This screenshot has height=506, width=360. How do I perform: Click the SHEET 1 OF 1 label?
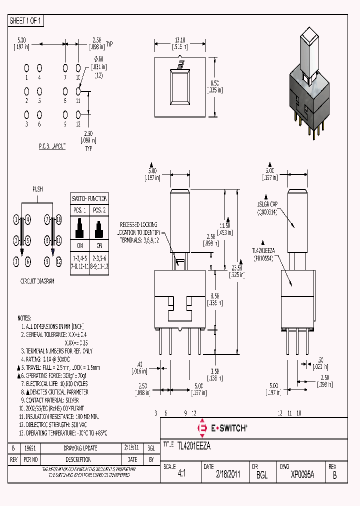pyautogui.click(x=26, y=21)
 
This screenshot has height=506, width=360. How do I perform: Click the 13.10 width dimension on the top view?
pyautogui.click(x=180, y=41)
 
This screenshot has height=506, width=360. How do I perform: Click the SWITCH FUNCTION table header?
pyautogui.click(x=89, y=198)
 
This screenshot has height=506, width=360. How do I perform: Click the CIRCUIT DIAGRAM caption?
pyautogui.click(x=37, y=281)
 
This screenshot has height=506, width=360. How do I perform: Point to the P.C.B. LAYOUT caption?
pyautogui.click(x=52, y=145)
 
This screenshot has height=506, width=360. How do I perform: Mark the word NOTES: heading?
pyautogui.click(x=24, y=318)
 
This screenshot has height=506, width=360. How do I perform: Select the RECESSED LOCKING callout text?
pyautogui.click(x=138, y=225)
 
